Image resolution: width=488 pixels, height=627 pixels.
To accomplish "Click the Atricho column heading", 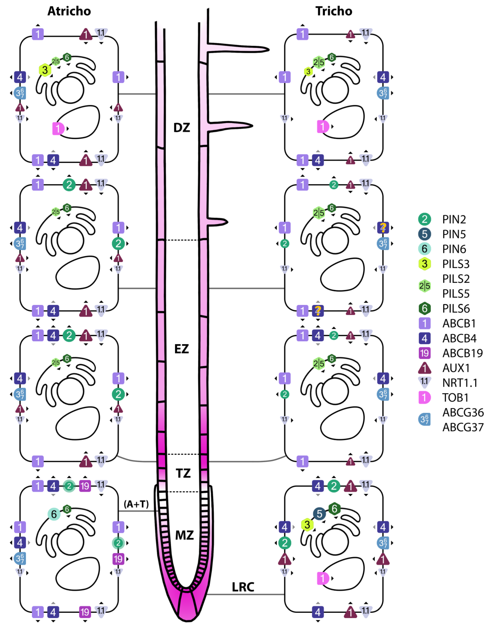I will pyautogui.click(x=69, y=11).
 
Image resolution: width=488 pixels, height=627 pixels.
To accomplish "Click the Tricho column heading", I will pyautogui.click(x=334, y=11).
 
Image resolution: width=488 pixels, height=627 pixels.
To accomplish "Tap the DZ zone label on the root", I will pyautogui.click(x=182, y=127).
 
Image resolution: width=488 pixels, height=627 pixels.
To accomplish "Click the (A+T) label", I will pyautogui.click(x=136, y=504).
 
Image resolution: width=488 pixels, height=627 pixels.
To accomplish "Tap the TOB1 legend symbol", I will pyautogui.click(x=424, y=398).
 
